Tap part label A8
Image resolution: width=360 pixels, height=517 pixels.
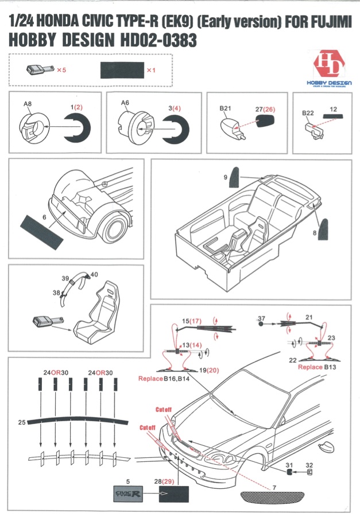coord(27,104)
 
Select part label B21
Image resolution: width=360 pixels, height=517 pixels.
coord(225,107)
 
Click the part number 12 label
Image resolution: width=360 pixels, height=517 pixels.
coord(333,108)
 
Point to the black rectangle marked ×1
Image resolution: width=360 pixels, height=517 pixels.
coord(121,70)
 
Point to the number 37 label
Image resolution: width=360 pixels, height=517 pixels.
coord(261,318)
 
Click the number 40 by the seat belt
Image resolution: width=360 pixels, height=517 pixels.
coord(94,274)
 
